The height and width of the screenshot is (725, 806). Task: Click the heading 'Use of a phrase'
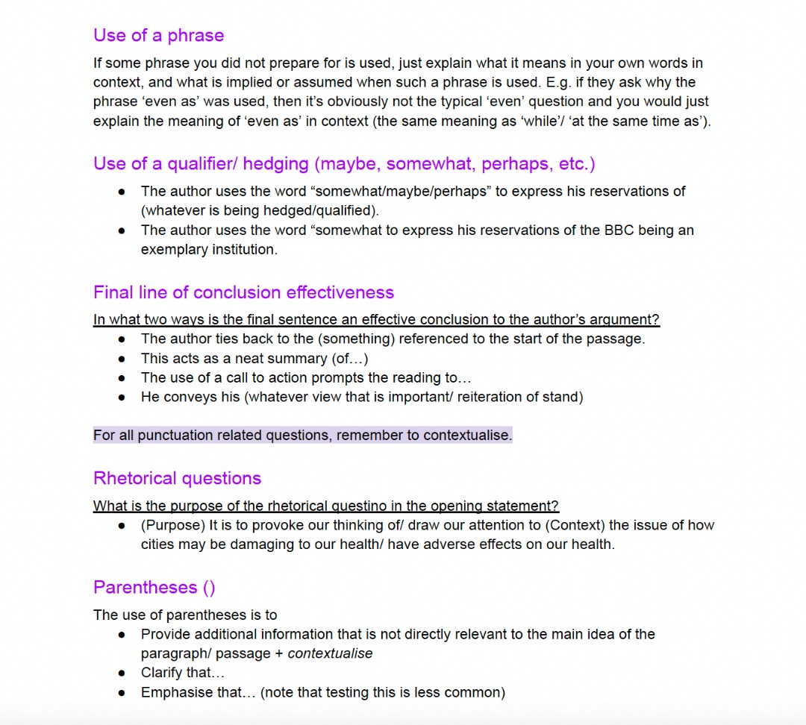158,35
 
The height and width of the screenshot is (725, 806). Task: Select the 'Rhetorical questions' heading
177,478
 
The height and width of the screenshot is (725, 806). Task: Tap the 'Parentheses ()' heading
154,587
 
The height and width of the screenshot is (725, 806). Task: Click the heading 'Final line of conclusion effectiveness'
243,292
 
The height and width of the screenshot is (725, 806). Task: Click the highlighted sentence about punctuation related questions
302,435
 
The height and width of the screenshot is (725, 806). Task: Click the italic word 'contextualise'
330,653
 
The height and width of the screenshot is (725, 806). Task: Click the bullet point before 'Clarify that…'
122,673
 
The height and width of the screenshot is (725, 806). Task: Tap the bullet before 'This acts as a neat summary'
122,358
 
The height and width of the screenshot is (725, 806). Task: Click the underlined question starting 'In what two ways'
376,319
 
